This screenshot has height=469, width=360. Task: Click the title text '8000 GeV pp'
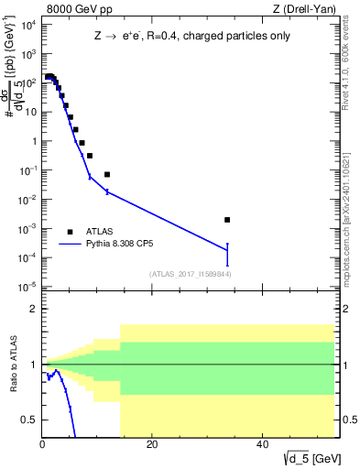(77, 11)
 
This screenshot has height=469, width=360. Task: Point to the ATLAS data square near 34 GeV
(227, 220)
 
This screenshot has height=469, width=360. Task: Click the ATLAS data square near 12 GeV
(107, 174)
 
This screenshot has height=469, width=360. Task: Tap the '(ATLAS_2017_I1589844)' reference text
(189, 274)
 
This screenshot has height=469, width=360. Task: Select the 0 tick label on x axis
(42, 444)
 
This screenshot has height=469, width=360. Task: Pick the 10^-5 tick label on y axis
(27, 288)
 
